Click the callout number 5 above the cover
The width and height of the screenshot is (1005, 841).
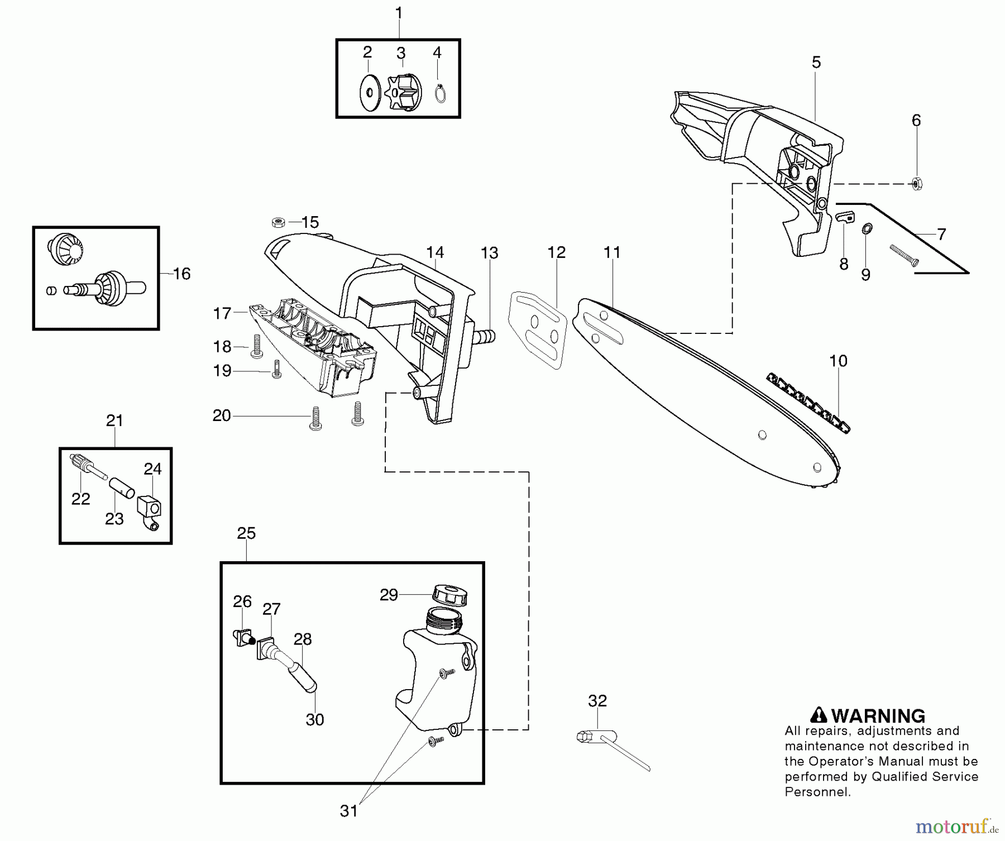tap(816, 63)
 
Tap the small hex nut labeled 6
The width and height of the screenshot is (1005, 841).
tap(916, 183)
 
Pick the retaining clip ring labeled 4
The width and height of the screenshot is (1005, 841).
tap(440, 93)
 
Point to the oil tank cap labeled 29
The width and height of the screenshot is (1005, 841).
tap(449, 594)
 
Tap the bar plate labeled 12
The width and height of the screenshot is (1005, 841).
tap(538, 329)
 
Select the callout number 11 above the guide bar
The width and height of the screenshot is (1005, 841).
tap(612, 252)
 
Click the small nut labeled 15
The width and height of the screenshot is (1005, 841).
tap(279, 222)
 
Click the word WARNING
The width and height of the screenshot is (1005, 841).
tap(878, 716)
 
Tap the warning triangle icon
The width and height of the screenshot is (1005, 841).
tap(819, 715)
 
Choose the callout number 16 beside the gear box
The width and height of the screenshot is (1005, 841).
tap(181, 274)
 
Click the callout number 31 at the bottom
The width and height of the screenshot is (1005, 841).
tap(348, 811)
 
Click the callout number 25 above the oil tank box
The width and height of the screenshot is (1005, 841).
tap(246, 533)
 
